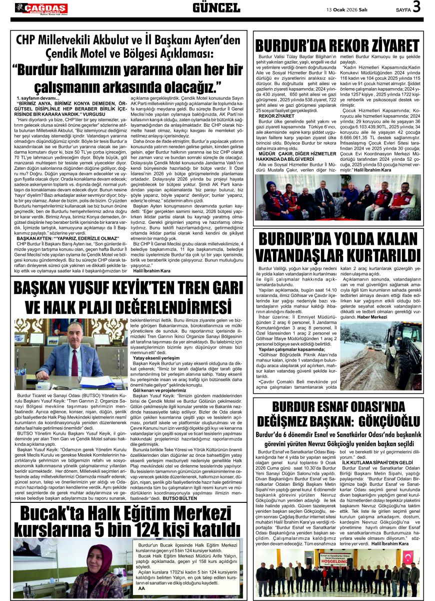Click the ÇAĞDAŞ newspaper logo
41,8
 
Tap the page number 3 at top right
416,8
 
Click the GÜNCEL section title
216,8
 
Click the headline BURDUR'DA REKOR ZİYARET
336,45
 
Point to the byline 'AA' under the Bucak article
141,588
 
